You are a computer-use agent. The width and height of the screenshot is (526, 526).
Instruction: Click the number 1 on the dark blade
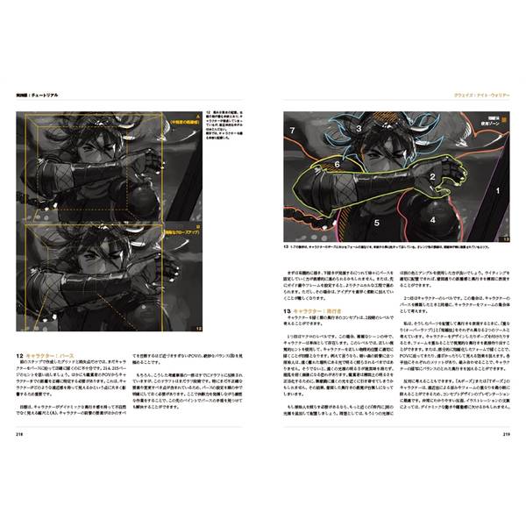(497, 189)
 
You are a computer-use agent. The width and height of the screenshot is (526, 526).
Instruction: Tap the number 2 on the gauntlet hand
(432, 176)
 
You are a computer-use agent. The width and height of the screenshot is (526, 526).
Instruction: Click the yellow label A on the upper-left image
(198, 120)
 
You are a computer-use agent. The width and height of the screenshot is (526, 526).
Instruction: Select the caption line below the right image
(394, 248)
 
